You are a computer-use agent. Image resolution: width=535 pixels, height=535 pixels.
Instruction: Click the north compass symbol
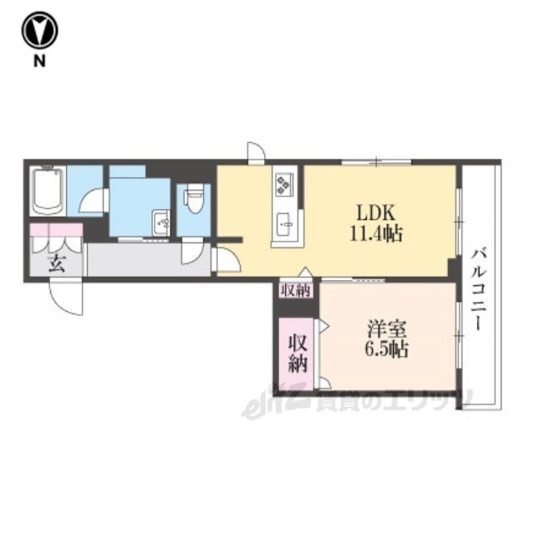(x=39, y=31)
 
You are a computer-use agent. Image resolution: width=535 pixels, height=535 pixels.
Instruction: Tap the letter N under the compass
(x=39, y=61)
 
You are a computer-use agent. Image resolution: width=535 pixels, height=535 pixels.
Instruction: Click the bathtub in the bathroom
(x=48, y=191)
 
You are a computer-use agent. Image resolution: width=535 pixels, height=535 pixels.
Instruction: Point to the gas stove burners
(x=284, y=184)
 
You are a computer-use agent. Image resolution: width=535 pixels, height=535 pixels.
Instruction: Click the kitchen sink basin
(x=285, y=224)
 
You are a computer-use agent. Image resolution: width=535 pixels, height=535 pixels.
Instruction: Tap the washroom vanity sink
(x=161, y=222)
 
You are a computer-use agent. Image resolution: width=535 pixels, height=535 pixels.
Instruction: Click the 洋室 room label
(x=386, y=329)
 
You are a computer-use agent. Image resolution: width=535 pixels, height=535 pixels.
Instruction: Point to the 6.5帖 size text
(x=386, y=349)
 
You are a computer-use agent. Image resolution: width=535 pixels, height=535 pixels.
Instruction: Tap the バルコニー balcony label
(x=481, y=290)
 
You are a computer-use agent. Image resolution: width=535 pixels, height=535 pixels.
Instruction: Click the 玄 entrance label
(x=57, y=263)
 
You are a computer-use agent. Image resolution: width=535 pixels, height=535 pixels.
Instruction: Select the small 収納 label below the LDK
(x=296, y=291)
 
